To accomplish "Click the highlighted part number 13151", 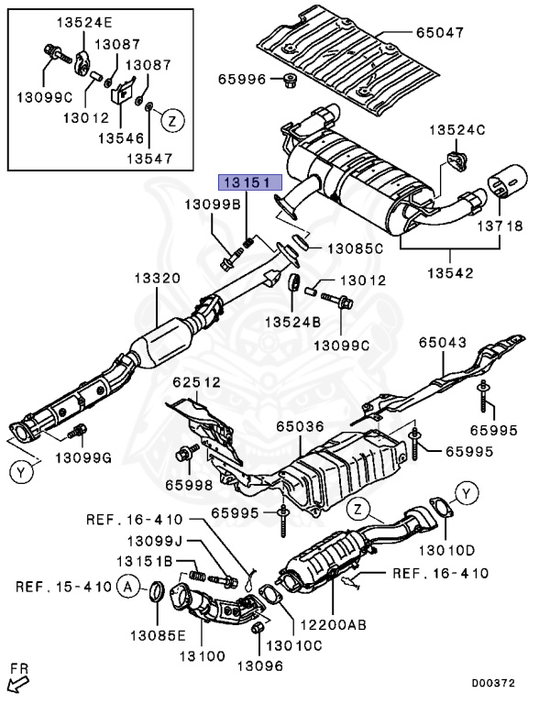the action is [x=249, y=182].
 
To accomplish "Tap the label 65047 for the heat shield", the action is [x=439, y=32].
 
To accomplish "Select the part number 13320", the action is [x=158, y=279].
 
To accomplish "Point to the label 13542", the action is [x=450, y=273].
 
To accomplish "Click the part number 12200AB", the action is [x=333, y=624].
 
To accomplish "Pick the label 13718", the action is [x=500, y=225].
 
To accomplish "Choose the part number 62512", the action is [x=197, y=382].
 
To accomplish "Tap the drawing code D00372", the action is [x=492, y=683].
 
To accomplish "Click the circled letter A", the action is [x=128, y=587].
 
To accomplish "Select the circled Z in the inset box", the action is [x=173, y=120].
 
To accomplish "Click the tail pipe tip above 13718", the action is [x=508, y=181].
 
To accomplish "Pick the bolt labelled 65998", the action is [x=188, y=453].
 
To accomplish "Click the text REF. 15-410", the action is [x=63, y=588].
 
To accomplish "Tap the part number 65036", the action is [x=300, y=426].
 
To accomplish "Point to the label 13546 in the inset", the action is [x=121, y=138].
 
